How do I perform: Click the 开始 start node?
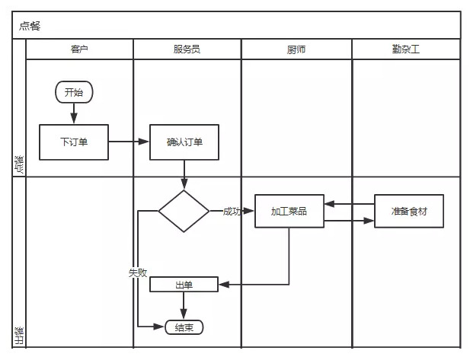[x=74, y=93]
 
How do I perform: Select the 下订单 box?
[x=74, y=142]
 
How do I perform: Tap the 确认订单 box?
[x=184, y=142]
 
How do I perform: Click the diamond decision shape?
[x=184, y=211]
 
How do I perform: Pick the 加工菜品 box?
[x=289, y=211]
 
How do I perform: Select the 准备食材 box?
[x=409, y=211]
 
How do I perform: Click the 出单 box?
[x=184, y=285]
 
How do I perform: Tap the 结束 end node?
[x=184, y=327]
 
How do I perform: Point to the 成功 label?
[x=232, y=211]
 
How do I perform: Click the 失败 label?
[x=138, y=272]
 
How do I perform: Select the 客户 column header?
[x=79, y=49]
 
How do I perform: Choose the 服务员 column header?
[x=187, y=49]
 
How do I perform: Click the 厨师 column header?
[x=296, y=49]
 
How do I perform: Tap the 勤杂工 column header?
[x=405, y=49]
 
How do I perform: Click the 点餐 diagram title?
[x=31, y=25]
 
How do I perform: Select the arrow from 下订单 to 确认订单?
[x=129, y=142]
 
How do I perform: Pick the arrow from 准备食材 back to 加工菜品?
[x=350, y=204]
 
